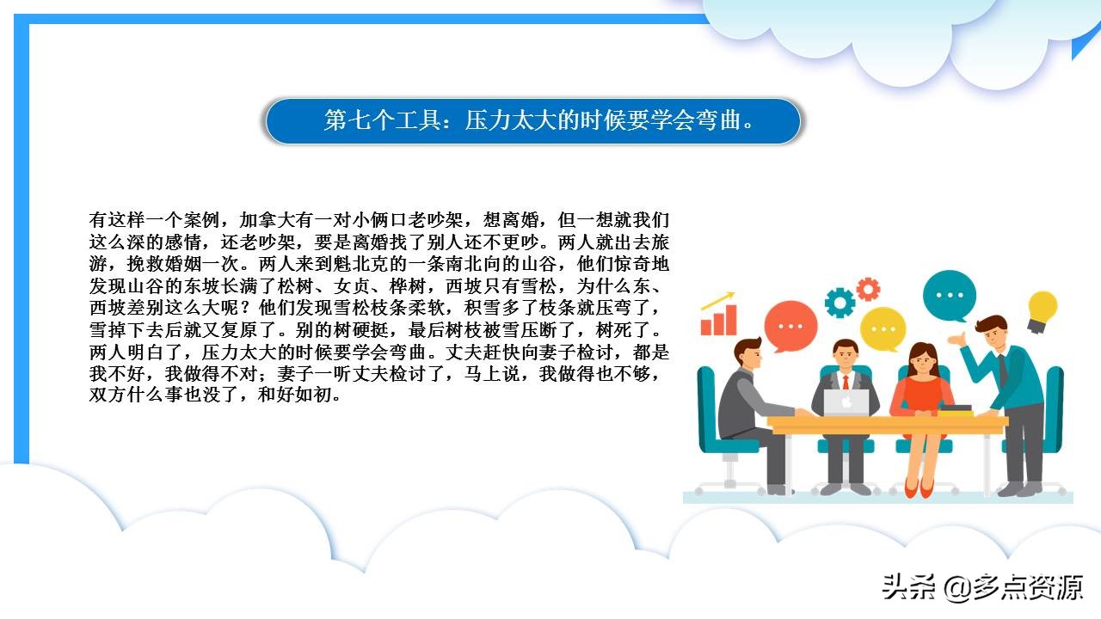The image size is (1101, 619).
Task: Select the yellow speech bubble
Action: coord(883,328)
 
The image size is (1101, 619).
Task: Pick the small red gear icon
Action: coord(868,288)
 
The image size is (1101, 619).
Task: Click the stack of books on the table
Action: coord(955,410)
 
